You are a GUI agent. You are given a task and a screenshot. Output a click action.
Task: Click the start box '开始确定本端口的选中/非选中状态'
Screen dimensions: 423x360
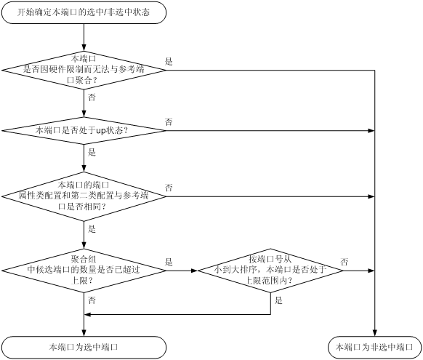click(x=84, y=12)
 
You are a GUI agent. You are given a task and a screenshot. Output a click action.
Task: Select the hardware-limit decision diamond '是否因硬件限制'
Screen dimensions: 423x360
click(x=84, y=70)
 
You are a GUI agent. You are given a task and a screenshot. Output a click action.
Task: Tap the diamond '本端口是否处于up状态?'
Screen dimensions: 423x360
click(x=84, y=131)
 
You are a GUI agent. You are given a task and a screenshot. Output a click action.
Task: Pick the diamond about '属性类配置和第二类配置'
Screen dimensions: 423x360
click(x=84, y=196)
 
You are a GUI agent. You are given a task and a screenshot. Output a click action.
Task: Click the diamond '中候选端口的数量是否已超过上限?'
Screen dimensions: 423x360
click(x=84, y=271)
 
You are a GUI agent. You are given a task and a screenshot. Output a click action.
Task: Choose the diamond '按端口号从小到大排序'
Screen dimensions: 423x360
click(x=270, y=271)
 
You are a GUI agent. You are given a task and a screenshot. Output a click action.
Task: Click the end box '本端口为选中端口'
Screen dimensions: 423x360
click(x=84, y=348)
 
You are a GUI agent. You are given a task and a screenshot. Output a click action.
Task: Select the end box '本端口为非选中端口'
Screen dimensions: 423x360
click(x=374, y=348)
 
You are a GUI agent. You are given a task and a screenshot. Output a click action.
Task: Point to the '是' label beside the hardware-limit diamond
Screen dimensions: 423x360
click(x=169, y=62)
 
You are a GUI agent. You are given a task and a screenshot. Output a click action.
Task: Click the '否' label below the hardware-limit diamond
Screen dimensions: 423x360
click(x=92, y=97)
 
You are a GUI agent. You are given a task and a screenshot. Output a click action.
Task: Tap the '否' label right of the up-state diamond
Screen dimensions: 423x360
click(x=169, y=122)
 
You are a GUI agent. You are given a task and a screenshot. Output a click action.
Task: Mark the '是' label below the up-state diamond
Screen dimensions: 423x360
click(x=92, y=153)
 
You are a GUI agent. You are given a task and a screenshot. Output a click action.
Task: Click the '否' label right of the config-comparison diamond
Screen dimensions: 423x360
click(x=169, y=188)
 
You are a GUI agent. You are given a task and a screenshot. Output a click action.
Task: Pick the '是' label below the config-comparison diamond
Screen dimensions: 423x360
click(x=92, y=229)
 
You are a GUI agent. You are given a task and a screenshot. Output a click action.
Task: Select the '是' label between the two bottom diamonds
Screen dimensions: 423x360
click(x=169, y=262)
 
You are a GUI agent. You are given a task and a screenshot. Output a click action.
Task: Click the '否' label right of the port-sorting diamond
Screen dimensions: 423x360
click(x=345, y=262)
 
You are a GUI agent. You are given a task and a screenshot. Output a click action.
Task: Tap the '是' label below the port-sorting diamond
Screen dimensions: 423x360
click(x=278, y=300)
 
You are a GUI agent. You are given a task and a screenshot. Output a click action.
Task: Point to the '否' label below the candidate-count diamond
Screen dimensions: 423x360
click(x=92, y=300)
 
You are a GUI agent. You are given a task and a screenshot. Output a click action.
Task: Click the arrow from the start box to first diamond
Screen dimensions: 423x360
click(x=84, y=38)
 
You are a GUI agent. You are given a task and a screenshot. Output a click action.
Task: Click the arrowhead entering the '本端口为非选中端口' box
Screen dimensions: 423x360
click(x=374, y=333)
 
